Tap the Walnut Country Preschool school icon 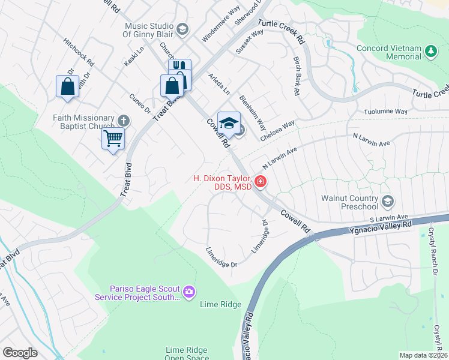click(388, 200)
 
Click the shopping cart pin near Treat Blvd click(113, 139)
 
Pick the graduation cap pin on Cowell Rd click(229, 123)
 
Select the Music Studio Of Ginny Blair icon click(182, 29)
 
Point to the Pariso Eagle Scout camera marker click(190, 292)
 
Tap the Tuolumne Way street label click(385, 112)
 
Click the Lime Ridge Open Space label click(187, 354)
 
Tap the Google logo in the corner click(20, 353)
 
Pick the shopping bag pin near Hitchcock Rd click(67, 86)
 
